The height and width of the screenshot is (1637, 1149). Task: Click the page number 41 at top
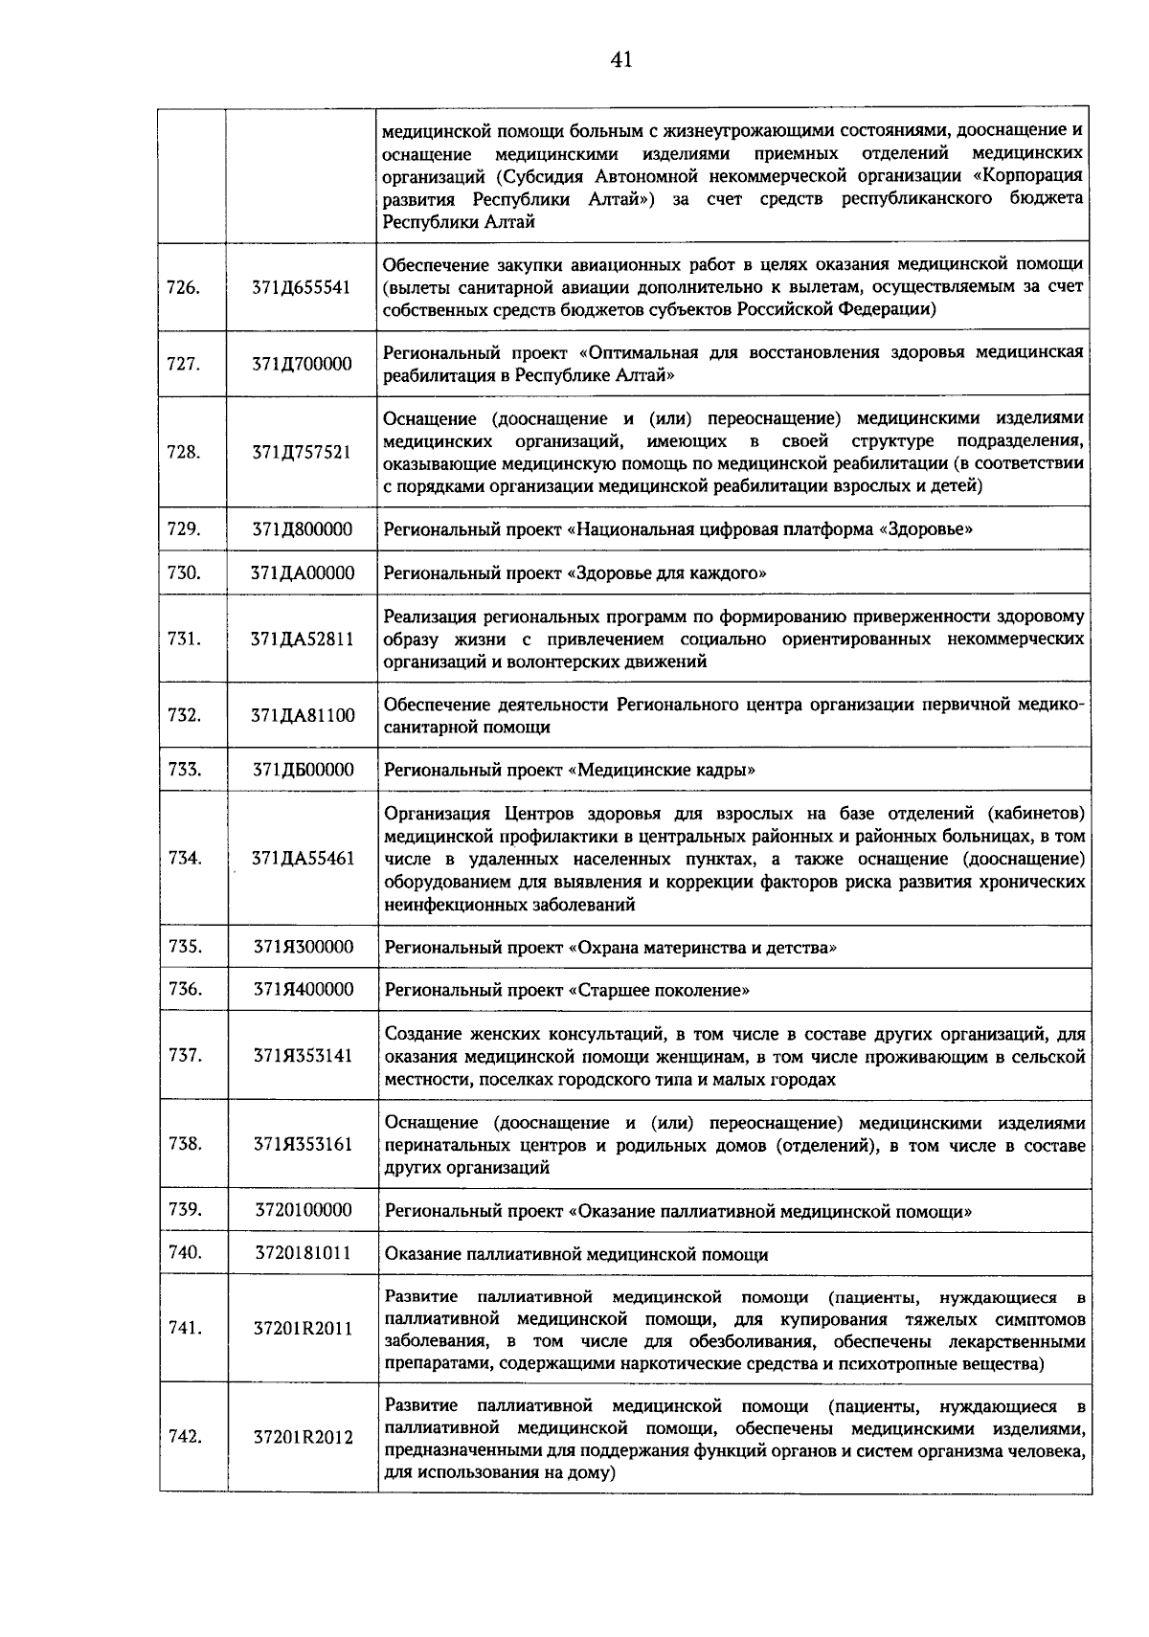[620, 60]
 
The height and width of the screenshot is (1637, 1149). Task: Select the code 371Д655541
[302, 286]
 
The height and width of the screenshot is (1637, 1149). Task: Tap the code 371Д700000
[302, 364]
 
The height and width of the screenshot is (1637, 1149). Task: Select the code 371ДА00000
[302, 573]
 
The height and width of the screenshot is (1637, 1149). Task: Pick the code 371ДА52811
[302, 639]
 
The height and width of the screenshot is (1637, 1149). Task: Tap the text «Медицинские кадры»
[662, 771]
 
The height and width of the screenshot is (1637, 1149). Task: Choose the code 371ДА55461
[302, 859]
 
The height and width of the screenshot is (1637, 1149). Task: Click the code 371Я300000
[302, 948]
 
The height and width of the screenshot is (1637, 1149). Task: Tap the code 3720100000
[302, 1210]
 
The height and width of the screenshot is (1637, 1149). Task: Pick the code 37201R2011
[302, 1329]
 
